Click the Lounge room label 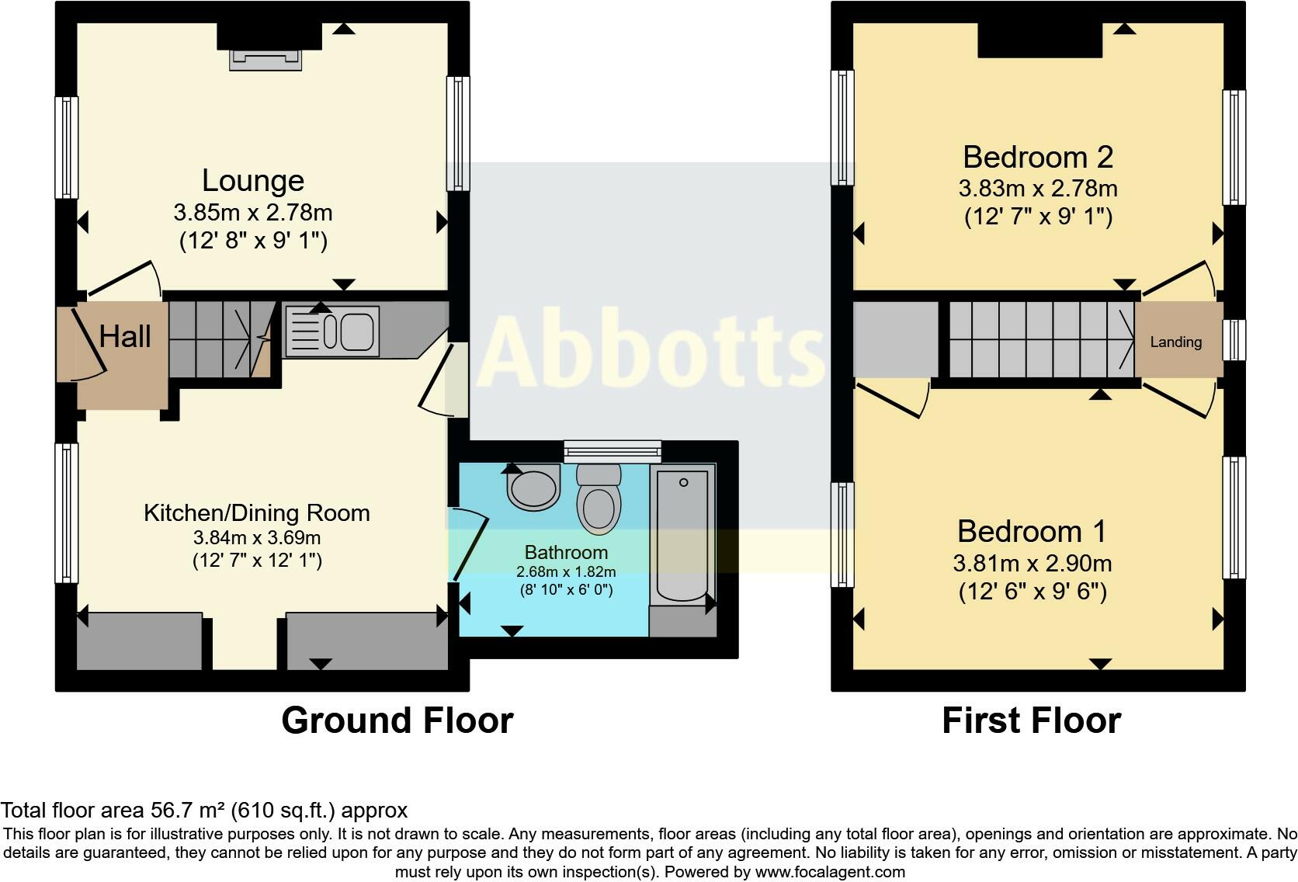[253, 181]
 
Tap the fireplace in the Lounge [265, 59]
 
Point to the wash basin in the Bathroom [533, 488]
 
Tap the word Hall [124, 337]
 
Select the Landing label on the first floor [1175, 342]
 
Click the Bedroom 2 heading [1038, 158]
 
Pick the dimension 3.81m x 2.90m [1032, 564]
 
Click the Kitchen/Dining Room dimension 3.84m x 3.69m [257, 537]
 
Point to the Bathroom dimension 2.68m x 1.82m [566, 572]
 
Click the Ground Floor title [397, 721]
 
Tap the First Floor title [1031, 721]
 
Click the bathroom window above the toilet [613, 451]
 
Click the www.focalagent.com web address [829, 872]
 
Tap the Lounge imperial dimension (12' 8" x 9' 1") [253, 241]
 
